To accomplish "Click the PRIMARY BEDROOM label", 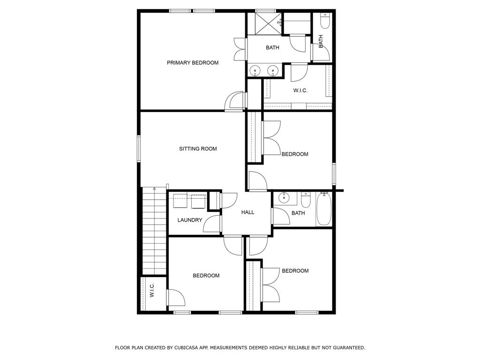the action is pyautogui.click(x=193, y=63).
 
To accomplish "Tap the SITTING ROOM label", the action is pyautogui.click(x=198, y=149).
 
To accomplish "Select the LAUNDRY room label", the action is pyautogui.click(x=190, y=220).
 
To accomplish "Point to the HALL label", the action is pyautogui.click(x=247, y=212).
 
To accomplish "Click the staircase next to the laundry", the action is pyautogui.click(x=154, y=231).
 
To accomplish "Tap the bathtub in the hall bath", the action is pyautogui.click(x=324, y=209).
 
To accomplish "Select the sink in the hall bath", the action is pyautogui.click(x=285, y=198).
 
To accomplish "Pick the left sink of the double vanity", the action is pyautogui.click(x=255, y=71).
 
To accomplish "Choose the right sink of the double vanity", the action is pyautogui.click(x=272, y=71).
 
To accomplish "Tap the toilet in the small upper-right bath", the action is pyautogui.click(x=324, y=21).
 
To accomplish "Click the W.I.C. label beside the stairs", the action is pyautogui.click(x=152, y=290).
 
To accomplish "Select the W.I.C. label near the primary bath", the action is pyautogui.click(x=300, y=90).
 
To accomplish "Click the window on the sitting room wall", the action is pyautogui.click(x=139, y=149).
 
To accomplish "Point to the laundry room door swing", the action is pyautogui.click(x=212, y=224).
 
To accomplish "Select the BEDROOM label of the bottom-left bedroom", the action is pyautogui.click(x=206, y=276).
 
